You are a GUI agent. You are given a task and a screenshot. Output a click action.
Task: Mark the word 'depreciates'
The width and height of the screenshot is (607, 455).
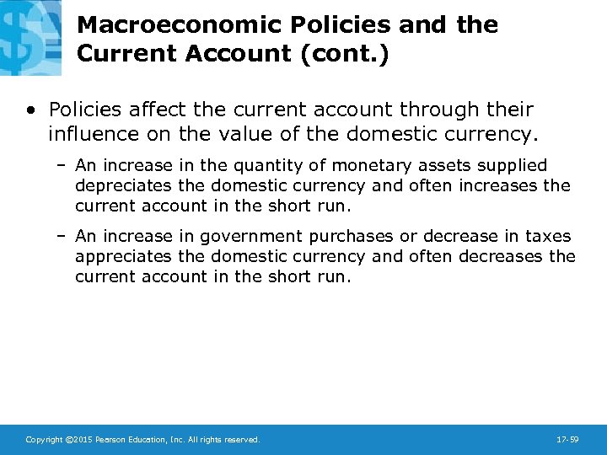click(x=117, y=185)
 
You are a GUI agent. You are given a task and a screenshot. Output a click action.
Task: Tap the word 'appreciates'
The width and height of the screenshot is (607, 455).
click(x=116, y=256)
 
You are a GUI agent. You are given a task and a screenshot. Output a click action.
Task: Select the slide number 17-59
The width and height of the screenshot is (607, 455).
click(x=567, y=439)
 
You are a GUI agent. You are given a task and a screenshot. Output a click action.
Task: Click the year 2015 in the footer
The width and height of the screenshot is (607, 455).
click(x=81, y=439)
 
